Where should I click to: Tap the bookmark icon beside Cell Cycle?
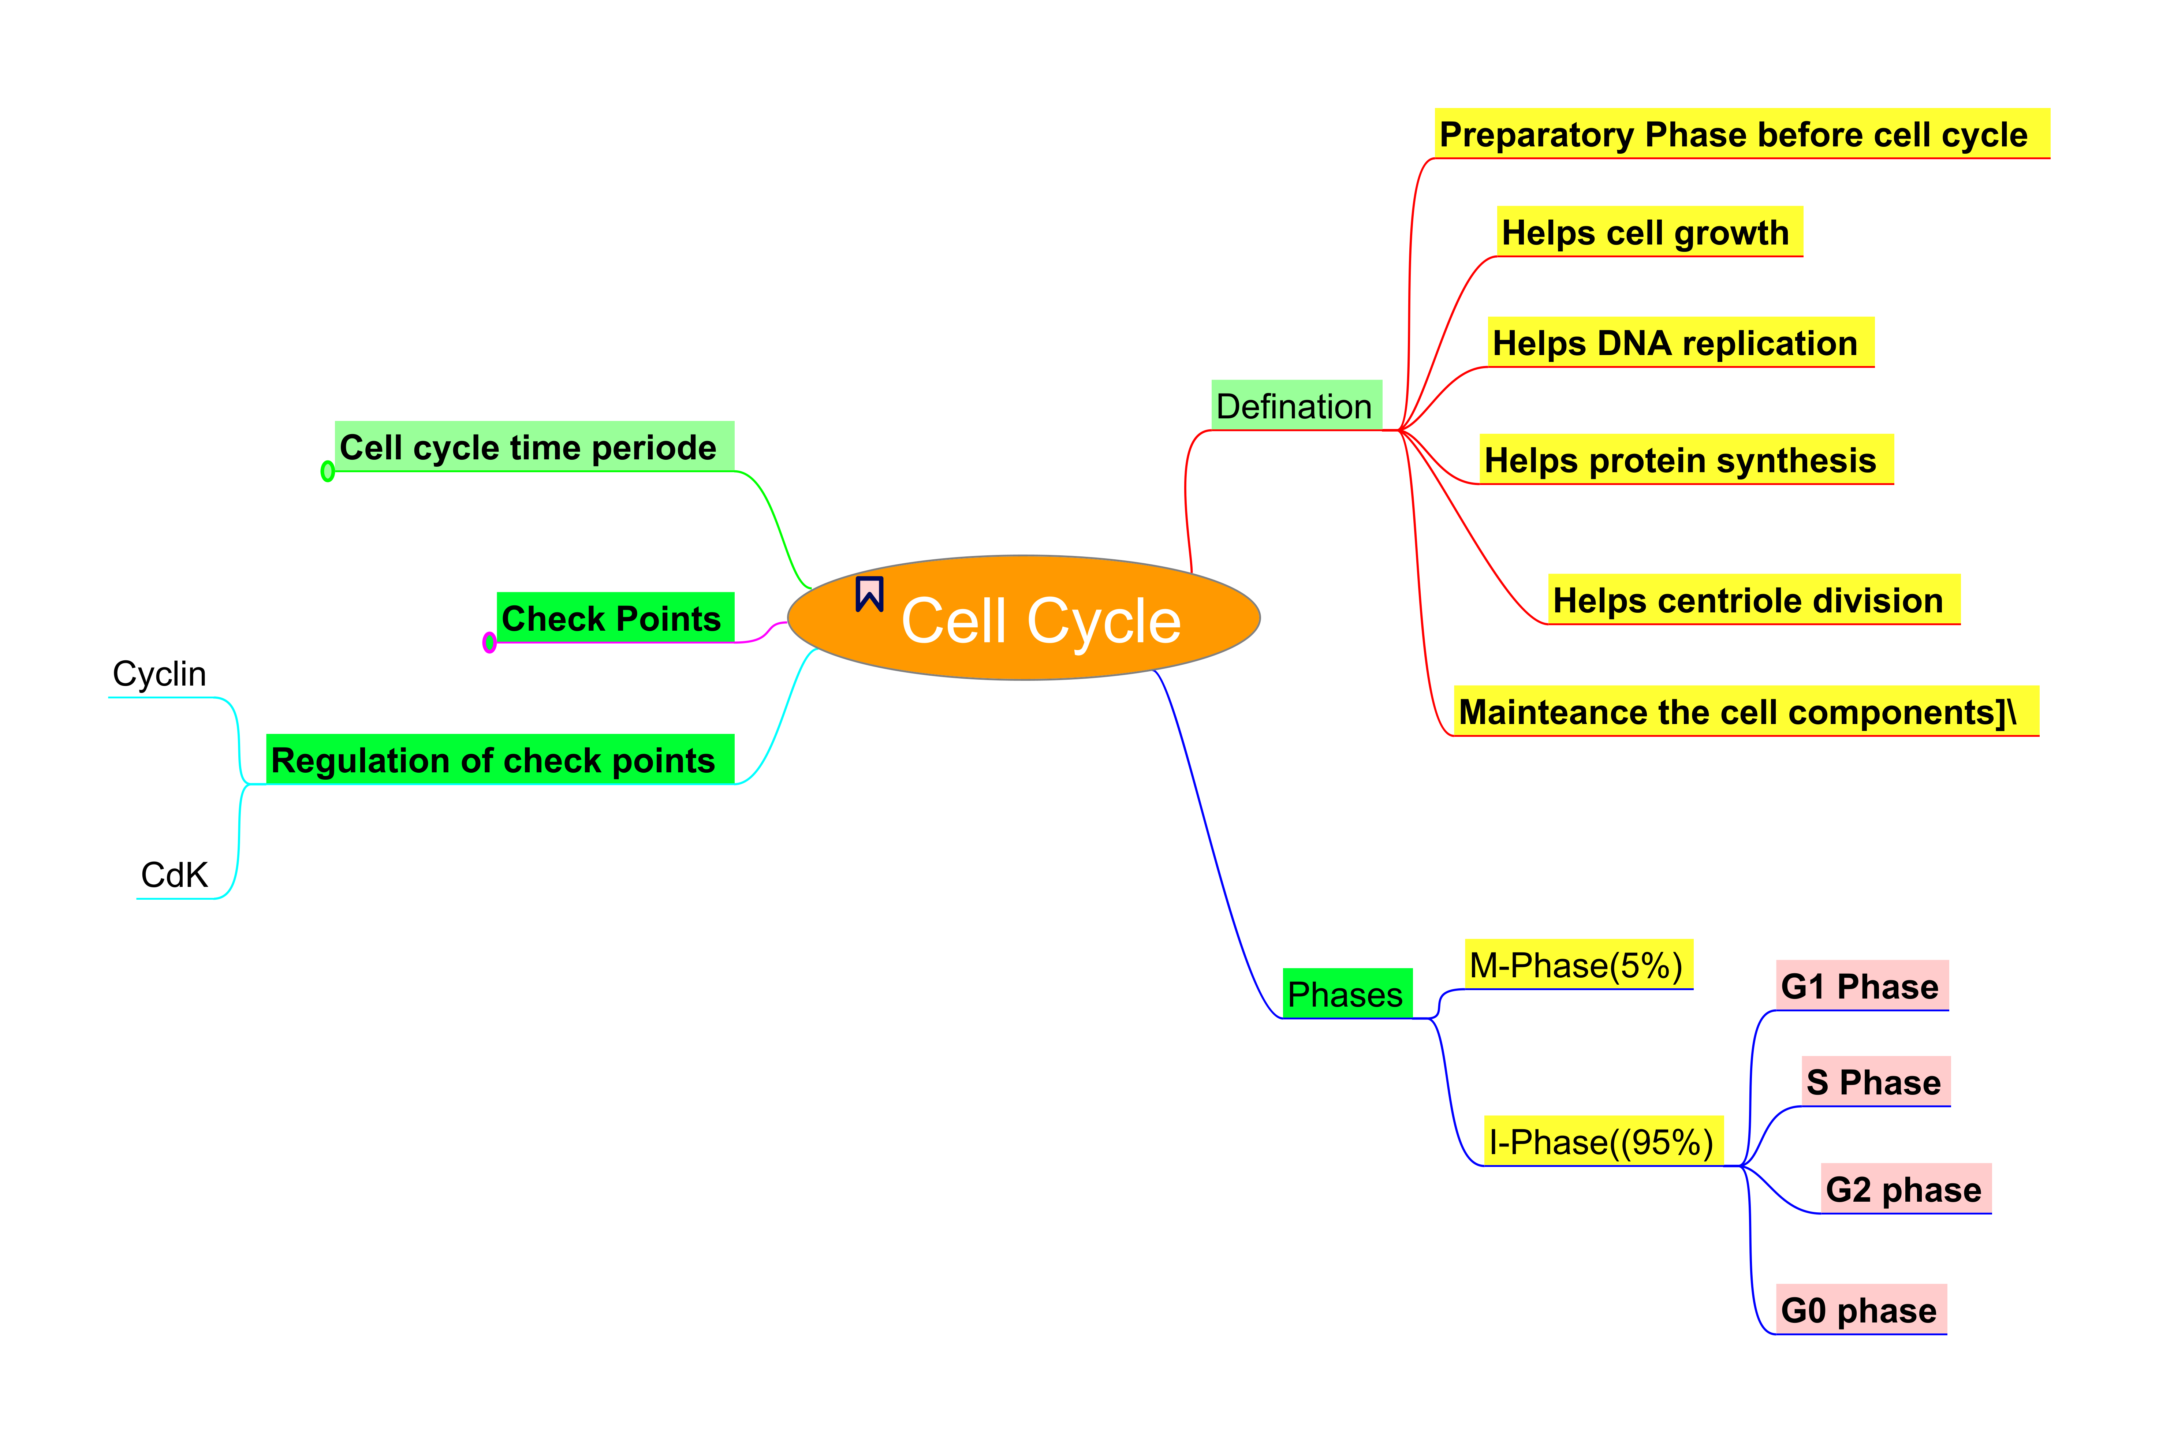[869, 594]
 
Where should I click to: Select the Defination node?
[1295, 405]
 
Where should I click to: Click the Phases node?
[1346, 994]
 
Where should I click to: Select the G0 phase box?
[1860, 1309]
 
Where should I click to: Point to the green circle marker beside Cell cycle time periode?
[327, 471]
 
